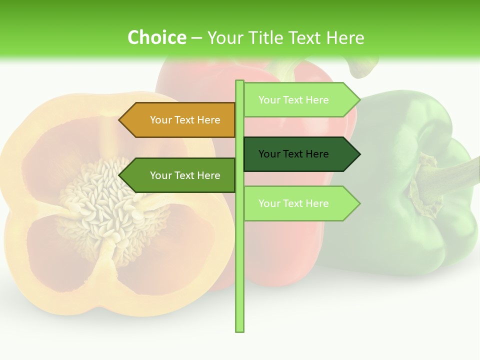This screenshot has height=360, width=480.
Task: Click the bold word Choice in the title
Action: click(156, 37)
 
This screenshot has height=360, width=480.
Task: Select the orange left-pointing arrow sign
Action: click(180, 120)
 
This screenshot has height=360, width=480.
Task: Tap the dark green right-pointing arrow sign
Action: click(300, 154)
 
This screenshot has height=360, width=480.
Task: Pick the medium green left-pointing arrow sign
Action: click(180, 175)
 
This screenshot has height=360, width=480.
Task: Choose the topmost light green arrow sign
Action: click(300, 99)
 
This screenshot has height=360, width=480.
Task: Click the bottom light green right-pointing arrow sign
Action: click(300, 203)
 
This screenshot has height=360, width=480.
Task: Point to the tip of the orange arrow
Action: click(120, 120)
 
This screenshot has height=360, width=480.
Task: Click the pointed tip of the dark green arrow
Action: click(358, 154)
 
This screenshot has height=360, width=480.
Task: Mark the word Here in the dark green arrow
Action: click(317, 154)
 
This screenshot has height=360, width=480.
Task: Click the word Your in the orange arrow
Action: click(160, 120)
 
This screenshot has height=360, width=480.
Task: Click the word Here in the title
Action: click(345, 37)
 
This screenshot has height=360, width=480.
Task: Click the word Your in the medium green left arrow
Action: click(160, 175)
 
